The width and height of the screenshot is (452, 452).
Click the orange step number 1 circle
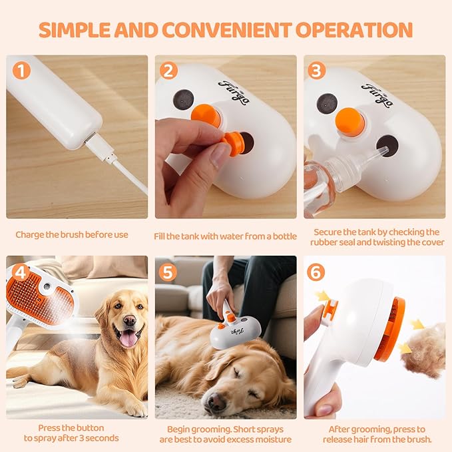coord(22,71)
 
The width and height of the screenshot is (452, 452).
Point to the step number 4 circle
coord(22,272)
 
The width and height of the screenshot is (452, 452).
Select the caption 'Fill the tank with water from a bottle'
coord(226,234)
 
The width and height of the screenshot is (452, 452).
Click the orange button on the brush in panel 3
coord(348,120)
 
